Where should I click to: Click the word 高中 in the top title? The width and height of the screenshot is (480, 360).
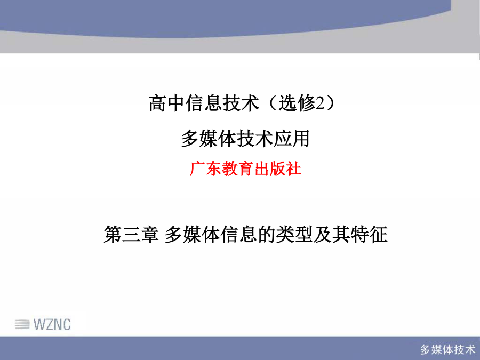coord(167,103)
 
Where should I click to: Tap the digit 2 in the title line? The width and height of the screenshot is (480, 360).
coord(319,103)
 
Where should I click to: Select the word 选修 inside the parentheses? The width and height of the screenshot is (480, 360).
coord(297,103)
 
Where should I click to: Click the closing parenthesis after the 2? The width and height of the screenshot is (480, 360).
coord(330,103)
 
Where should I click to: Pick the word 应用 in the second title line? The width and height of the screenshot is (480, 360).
coord(291,139)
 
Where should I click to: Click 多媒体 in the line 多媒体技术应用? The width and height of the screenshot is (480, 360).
coord(209,139)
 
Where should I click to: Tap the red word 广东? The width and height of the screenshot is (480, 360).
coord(205,169)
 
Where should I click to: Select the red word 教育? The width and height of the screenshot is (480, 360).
coord(237,169)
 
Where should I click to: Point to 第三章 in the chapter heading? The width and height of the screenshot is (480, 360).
coord(131,235)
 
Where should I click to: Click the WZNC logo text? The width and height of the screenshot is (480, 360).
coord(52,324)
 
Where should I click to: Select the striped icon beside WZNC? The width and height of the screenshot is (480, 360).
coord(22,324)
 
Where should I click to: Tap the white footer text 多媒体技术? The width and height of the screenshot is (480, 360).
coord(447,349)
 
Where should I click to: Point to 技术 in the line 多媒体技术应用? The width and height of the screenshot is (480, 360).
coord(255,139)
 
